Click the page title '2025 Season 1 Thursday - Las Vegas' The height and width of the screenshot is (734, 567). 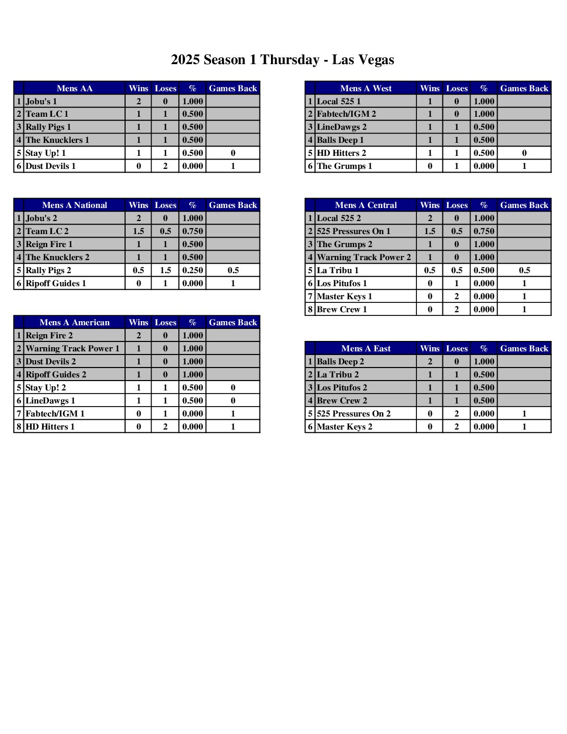pyautogui.click(x=282, y=60)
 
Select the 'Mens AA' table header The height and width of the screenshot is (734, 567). pyautogui.click(x=75, y=88)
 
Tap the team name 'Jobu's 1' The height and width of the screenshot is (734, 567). pyautogui.click(x=42, y=101)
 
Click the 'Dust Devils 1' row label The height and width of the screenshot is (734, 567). pyautogui.click(x=51, y=166)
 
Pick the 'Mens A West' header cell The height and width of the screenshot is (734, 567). pyautogui.click(x=366, y=88)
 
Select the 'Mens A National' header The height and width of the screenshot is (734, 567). pyautogui.click(x=75, y=205)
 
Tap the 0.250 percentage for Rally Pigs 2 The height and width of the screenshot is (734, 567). pyautogui.click(x=192, y=270)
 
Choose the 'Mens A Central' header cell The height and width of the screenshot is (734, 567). pyautogui.click(x=366, y=205)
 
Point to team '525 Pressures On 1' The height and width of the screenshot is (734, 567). pyautogui.click(x=353, y=231)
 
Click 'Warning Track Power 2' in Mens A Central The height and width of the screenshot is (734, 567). pyautogui.click(x=364, y=257)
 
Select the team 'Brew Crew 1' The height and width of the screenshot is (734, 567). pyautogui.click(x=342, y=309)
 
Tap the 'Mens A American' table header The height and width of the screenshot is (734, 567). pyautogui.click(x=75, y=322)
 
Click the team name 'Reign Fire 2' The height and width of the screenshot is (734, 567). pyautogui.click(x=49, y=335)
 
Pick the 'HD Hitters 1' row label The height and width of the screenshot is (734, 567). pyautogui.click(x=50, y=426)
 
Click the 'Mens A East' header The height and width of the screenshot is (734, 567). pyautogui.click(x=366, y=348)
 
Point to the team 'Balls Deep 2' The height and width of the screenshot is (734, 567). pyautogui.click(x=340, y=361)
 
